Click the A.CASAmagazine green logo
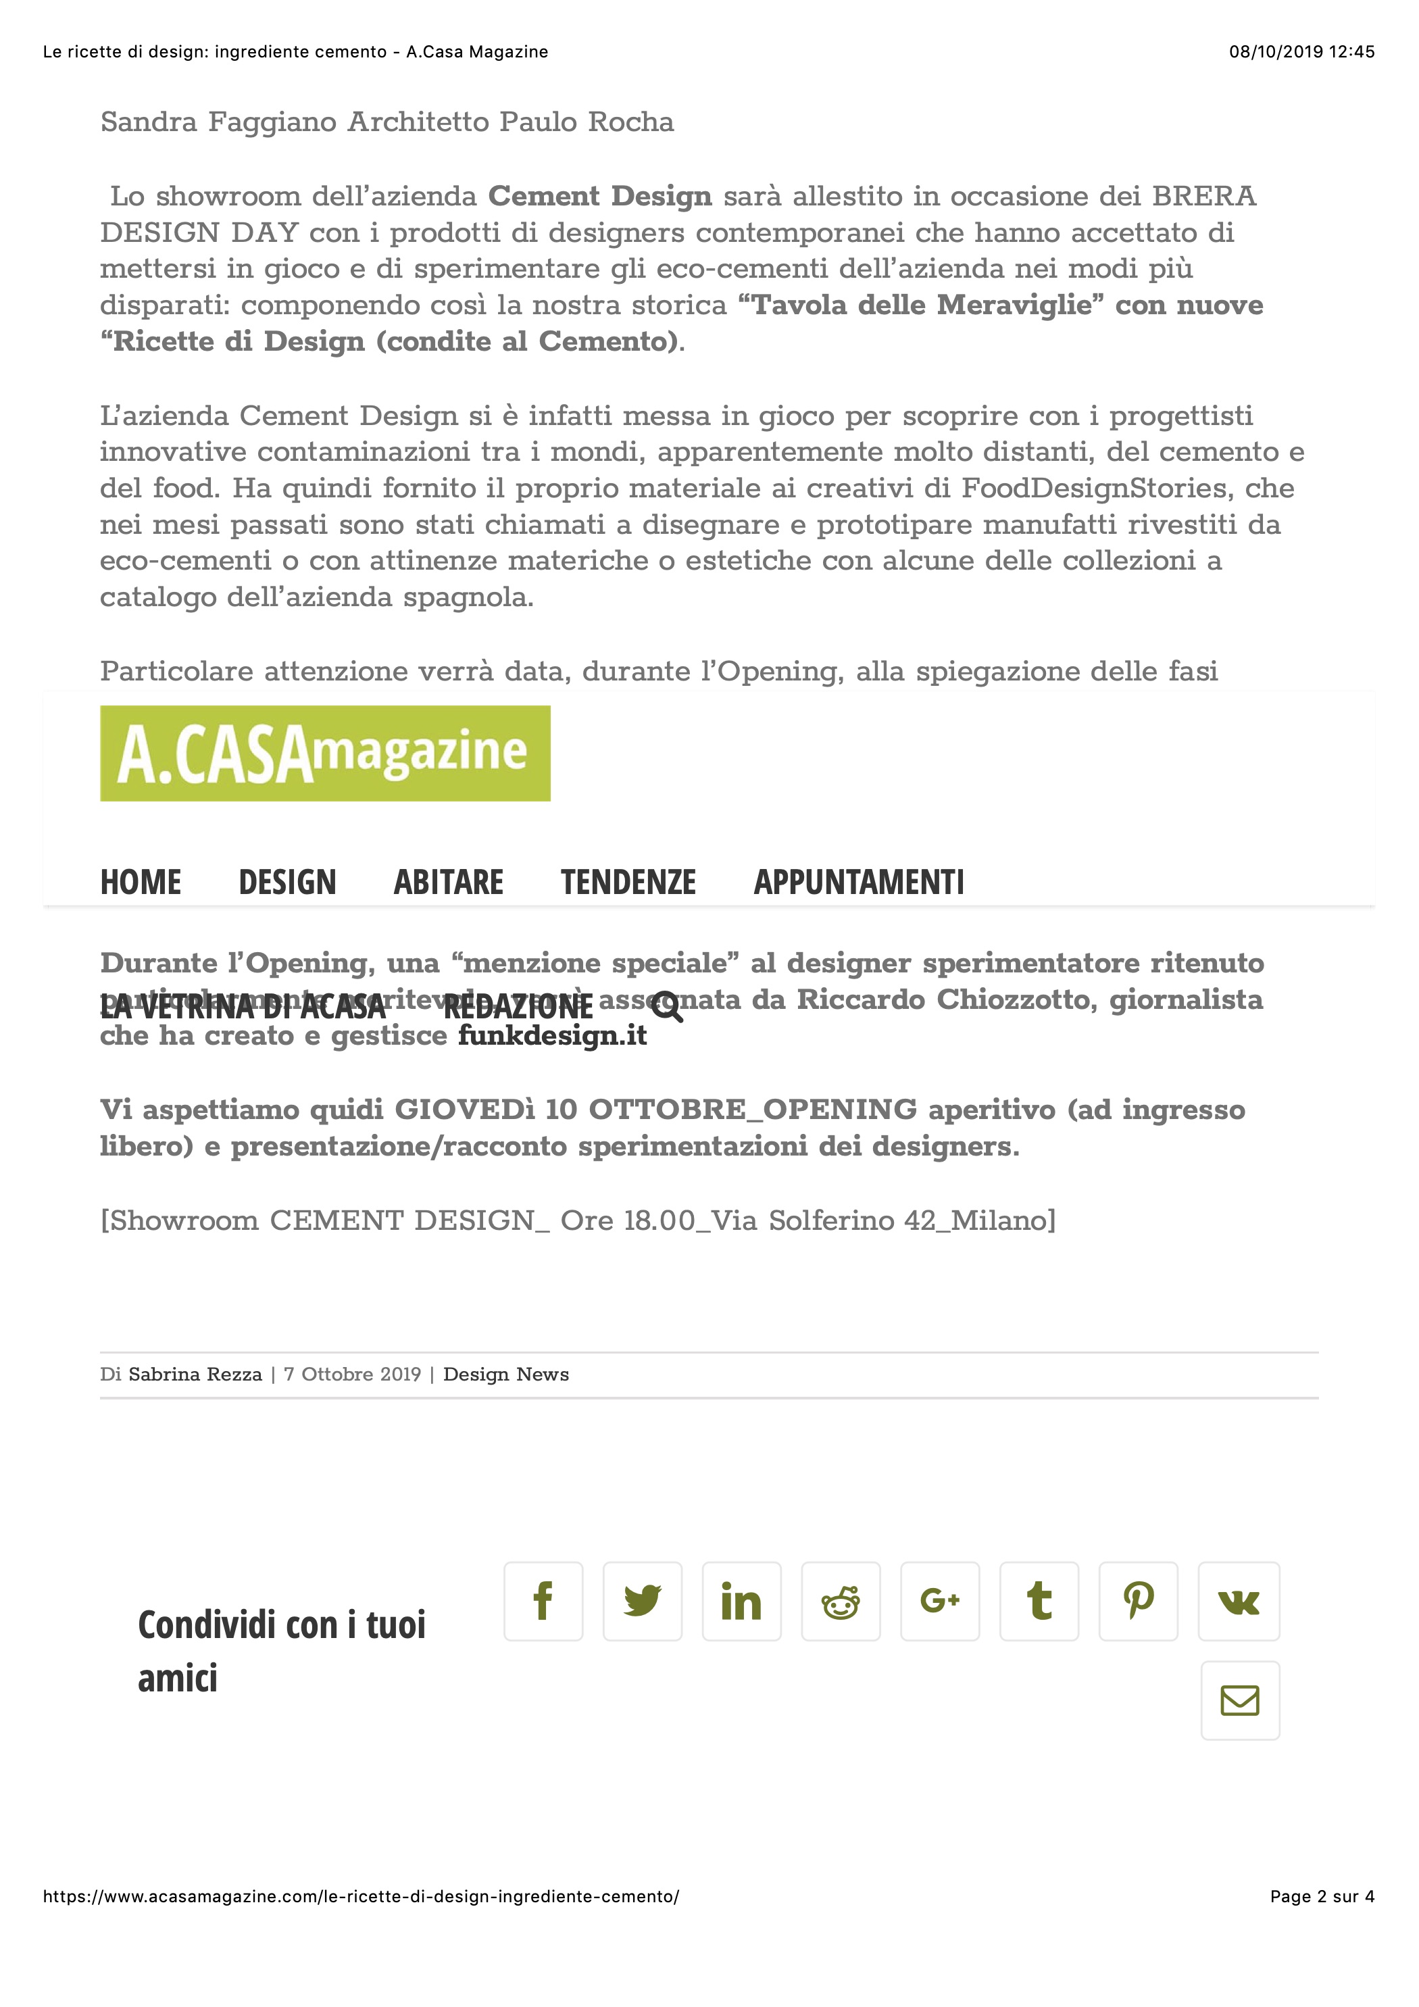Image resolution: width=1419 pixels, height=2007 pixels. click(325, 753)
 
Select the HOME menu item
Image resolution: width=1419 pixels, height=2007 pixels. click(141, 882)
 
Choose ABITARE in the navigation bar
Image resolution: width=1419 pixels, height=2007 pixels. click(449, 882)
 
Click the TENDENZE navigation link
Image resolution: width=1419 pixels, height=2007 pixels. click(628, 882)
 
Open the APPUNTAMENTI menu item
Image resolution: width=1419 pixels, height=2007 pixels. click(859, 882)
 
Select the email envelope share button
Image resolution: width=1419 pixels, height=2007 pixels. click(1240, 1700)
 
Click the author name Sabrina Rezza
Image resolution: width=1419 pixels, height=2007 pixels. click(195, 1374)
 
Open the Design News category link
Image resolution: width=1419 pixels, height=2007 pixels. click(505, 1374)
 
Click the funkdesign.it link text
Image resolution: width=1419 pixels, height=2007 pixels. click(553, 1036)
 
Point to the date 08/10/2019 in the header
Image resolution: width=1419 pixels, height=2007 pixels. click(1276, 51)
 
